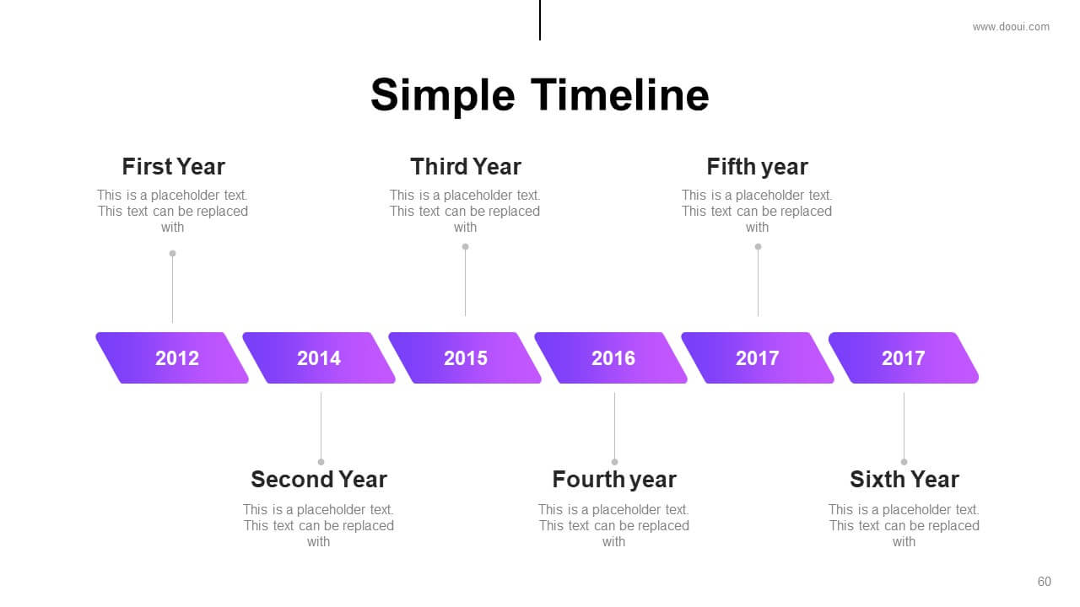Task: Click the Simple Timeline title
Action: [x=539, y=95]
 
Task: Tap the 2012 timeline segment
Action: [x=172, y=358]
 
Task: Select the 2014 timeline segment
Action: [x=319, y=358]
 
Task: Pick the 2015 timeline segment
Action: [x=465, y=358]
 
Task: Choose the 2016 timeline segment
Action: [x=612, y=358]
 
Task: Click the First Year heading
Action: [x=173, y=167]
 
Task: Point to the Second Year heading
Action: [x=319, y=480]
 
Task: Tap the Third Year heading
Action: [x=466, y=167]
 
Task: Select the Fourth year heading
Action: [x=614, y=480]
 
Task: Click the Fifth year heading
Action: [x=757, y=167]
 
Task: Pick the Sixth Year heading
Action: [x=904, y=480]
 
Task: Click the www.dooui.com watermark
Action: [x=1011, y=27]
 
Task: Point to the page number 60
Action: [x=1044, y=582]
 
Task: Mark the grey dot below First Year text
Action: [x=173, y=254]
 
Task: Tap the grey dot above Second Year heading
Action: [x=321, y=462]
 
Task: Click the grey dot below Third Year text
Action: [x=465, y=247]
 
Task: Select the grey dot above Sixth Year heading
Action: [x=904, y=462]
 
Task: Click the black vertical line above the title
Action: [x=540, y=20]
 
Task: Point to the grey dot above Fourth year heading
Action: [x=615, y=462]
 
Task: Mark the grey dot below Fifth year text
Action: [x=758, y=247]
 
